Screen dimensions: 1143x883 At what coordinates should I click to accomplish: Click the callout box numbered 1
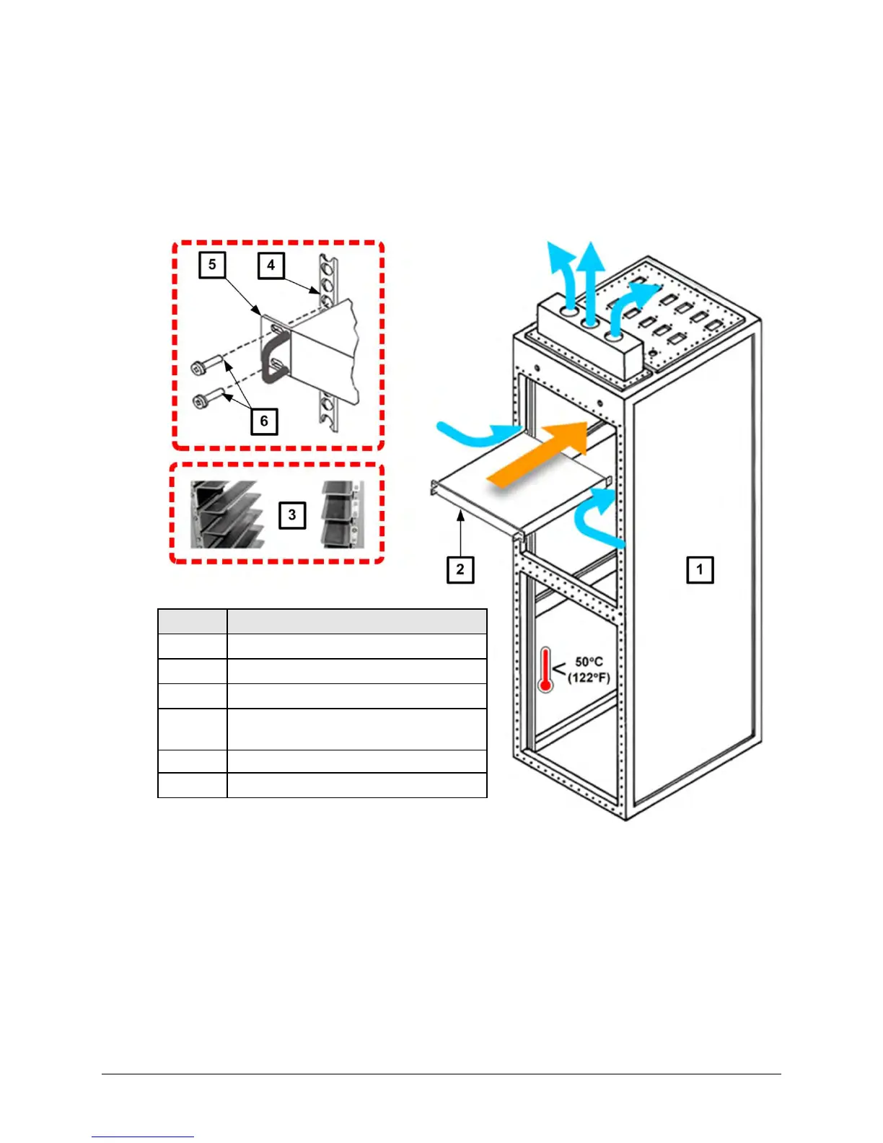(699, 569)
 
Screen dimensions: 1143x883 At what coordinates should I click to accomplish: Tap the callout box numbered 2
(460, 569)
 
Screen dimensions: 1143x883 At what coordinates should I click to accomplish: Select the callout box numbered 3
(292, 515)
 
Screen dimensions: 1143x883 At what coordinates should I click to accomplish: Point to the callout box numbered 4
(271, 265)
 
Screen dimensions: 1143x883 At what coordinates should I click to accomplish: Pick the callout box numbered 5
(212, 265)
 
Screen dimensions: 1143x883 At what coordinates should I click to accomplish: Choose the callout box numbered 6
(264, 421)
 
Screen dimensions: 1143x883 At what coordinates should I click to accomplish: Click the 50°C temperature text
(589, 662)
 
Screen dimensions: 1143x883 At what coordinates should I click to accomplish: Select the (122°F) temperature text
(589, 678)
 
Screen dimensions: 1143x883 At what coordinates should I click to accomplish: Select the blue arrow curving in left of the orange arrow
(476, 434)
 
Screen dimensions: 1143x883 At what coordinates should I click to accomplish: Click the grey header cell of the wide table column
(357, 621)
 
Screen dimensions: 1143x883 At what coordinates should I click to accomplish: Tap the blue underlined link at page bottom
(143, 1137)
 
